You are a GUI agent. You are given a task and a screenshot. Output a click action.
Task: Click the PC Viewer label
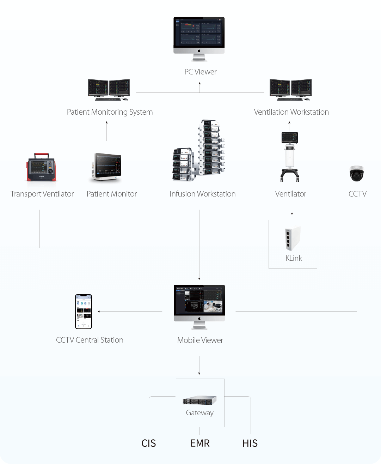(200, 72)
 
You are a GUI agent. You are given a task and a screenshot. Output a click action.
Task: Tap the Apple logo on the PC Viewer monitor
(199, 51)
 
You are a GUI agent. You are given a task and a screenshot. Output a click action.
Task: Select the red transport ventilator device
(42, 167)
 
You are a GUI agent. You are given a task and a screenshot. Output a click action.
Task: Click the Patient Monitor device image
(107, 167)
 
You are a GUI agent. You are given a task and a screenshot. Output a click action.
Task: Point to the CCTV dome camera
(356, 173)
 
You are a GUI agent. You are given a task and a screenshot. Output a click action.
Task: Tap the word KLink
(294, 258)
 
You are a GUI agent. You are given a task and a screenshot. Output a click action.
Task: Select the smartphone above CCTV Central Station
(84, 312)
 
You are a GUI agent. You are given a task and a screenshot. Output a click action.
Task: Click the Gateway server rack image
(199, 400)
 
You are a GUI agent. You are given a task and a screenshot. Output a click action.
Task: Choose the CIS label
(148, 443)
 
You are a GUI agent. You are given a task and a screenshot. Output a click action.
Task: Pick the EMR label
(200, 443)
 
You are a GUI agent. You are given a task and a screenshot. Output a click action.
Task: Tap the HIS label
(250, 443)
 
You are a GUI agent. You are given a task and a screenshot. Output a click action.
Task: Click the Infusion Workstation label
(202, 194)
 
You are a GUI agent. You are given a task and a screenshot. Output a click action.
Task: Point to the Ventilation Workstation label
(291, 112)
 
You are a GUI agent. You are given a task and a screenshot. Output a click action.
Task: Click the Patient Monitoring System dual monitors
(109, 90)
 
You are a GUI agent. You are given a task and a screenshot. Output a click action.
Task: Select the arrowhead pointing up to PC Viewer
(200, 84)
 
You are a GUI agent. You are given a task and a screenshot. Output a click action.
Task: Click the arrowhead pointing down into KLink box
(292, 213)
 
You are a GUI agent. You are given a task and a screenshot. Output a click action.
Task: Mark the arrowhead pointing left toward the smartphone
(99, 312)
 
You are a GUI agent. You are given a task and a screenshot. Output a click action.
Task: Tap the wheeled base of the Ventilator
(290, 175)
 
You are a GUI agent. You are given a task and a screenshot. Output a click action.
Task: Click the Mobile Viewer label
(200, 341)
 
